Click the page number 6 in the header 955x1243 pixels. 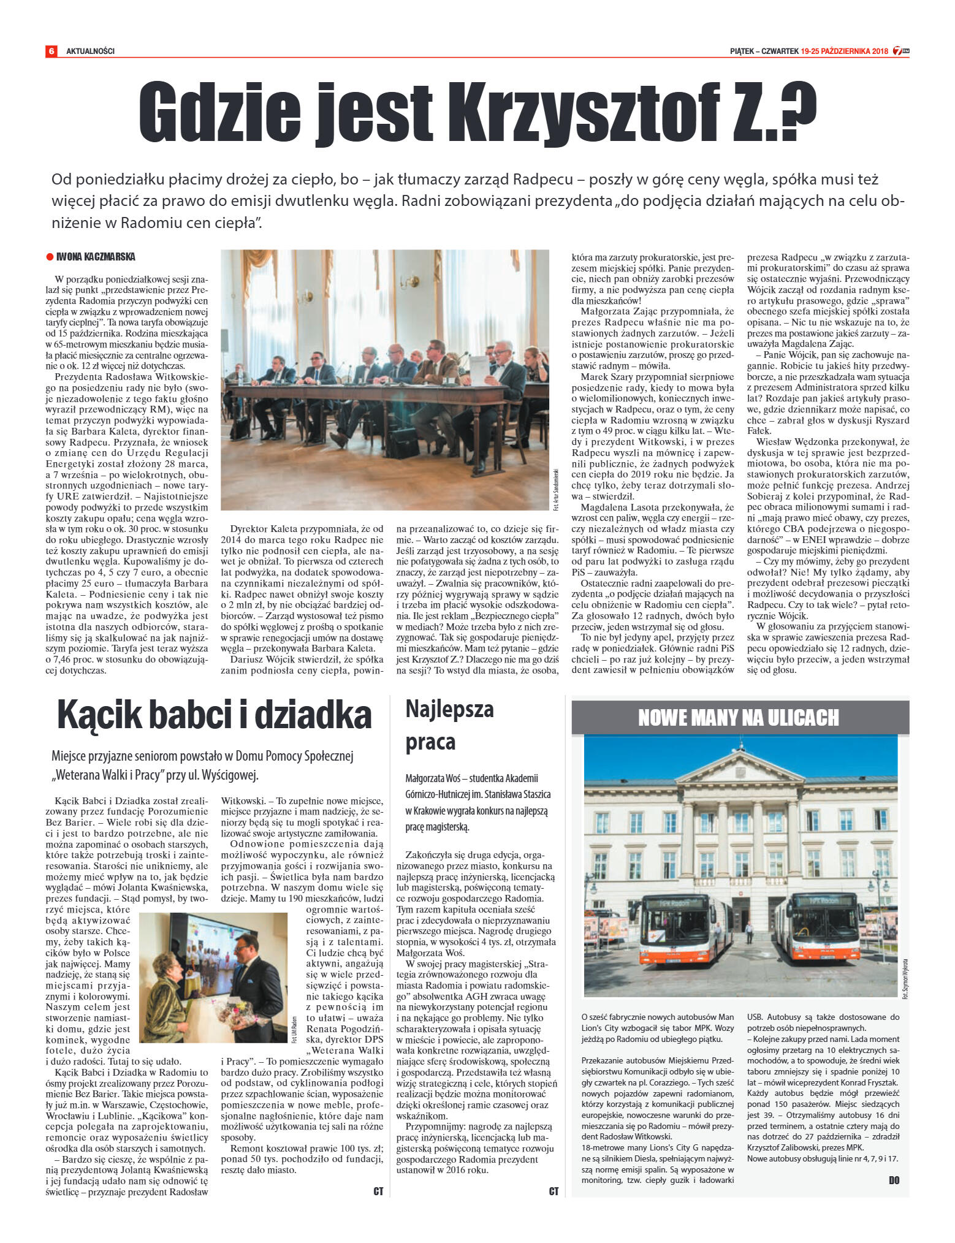coord(51,51)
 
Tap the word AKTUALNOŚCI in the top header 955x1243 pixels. coord(90,51)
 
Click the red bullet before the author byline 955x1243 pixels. coord(50,257)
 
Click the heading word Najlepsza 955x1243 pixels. coord(449,709)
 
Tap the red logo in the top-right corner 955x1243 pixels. coord(900,51)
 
